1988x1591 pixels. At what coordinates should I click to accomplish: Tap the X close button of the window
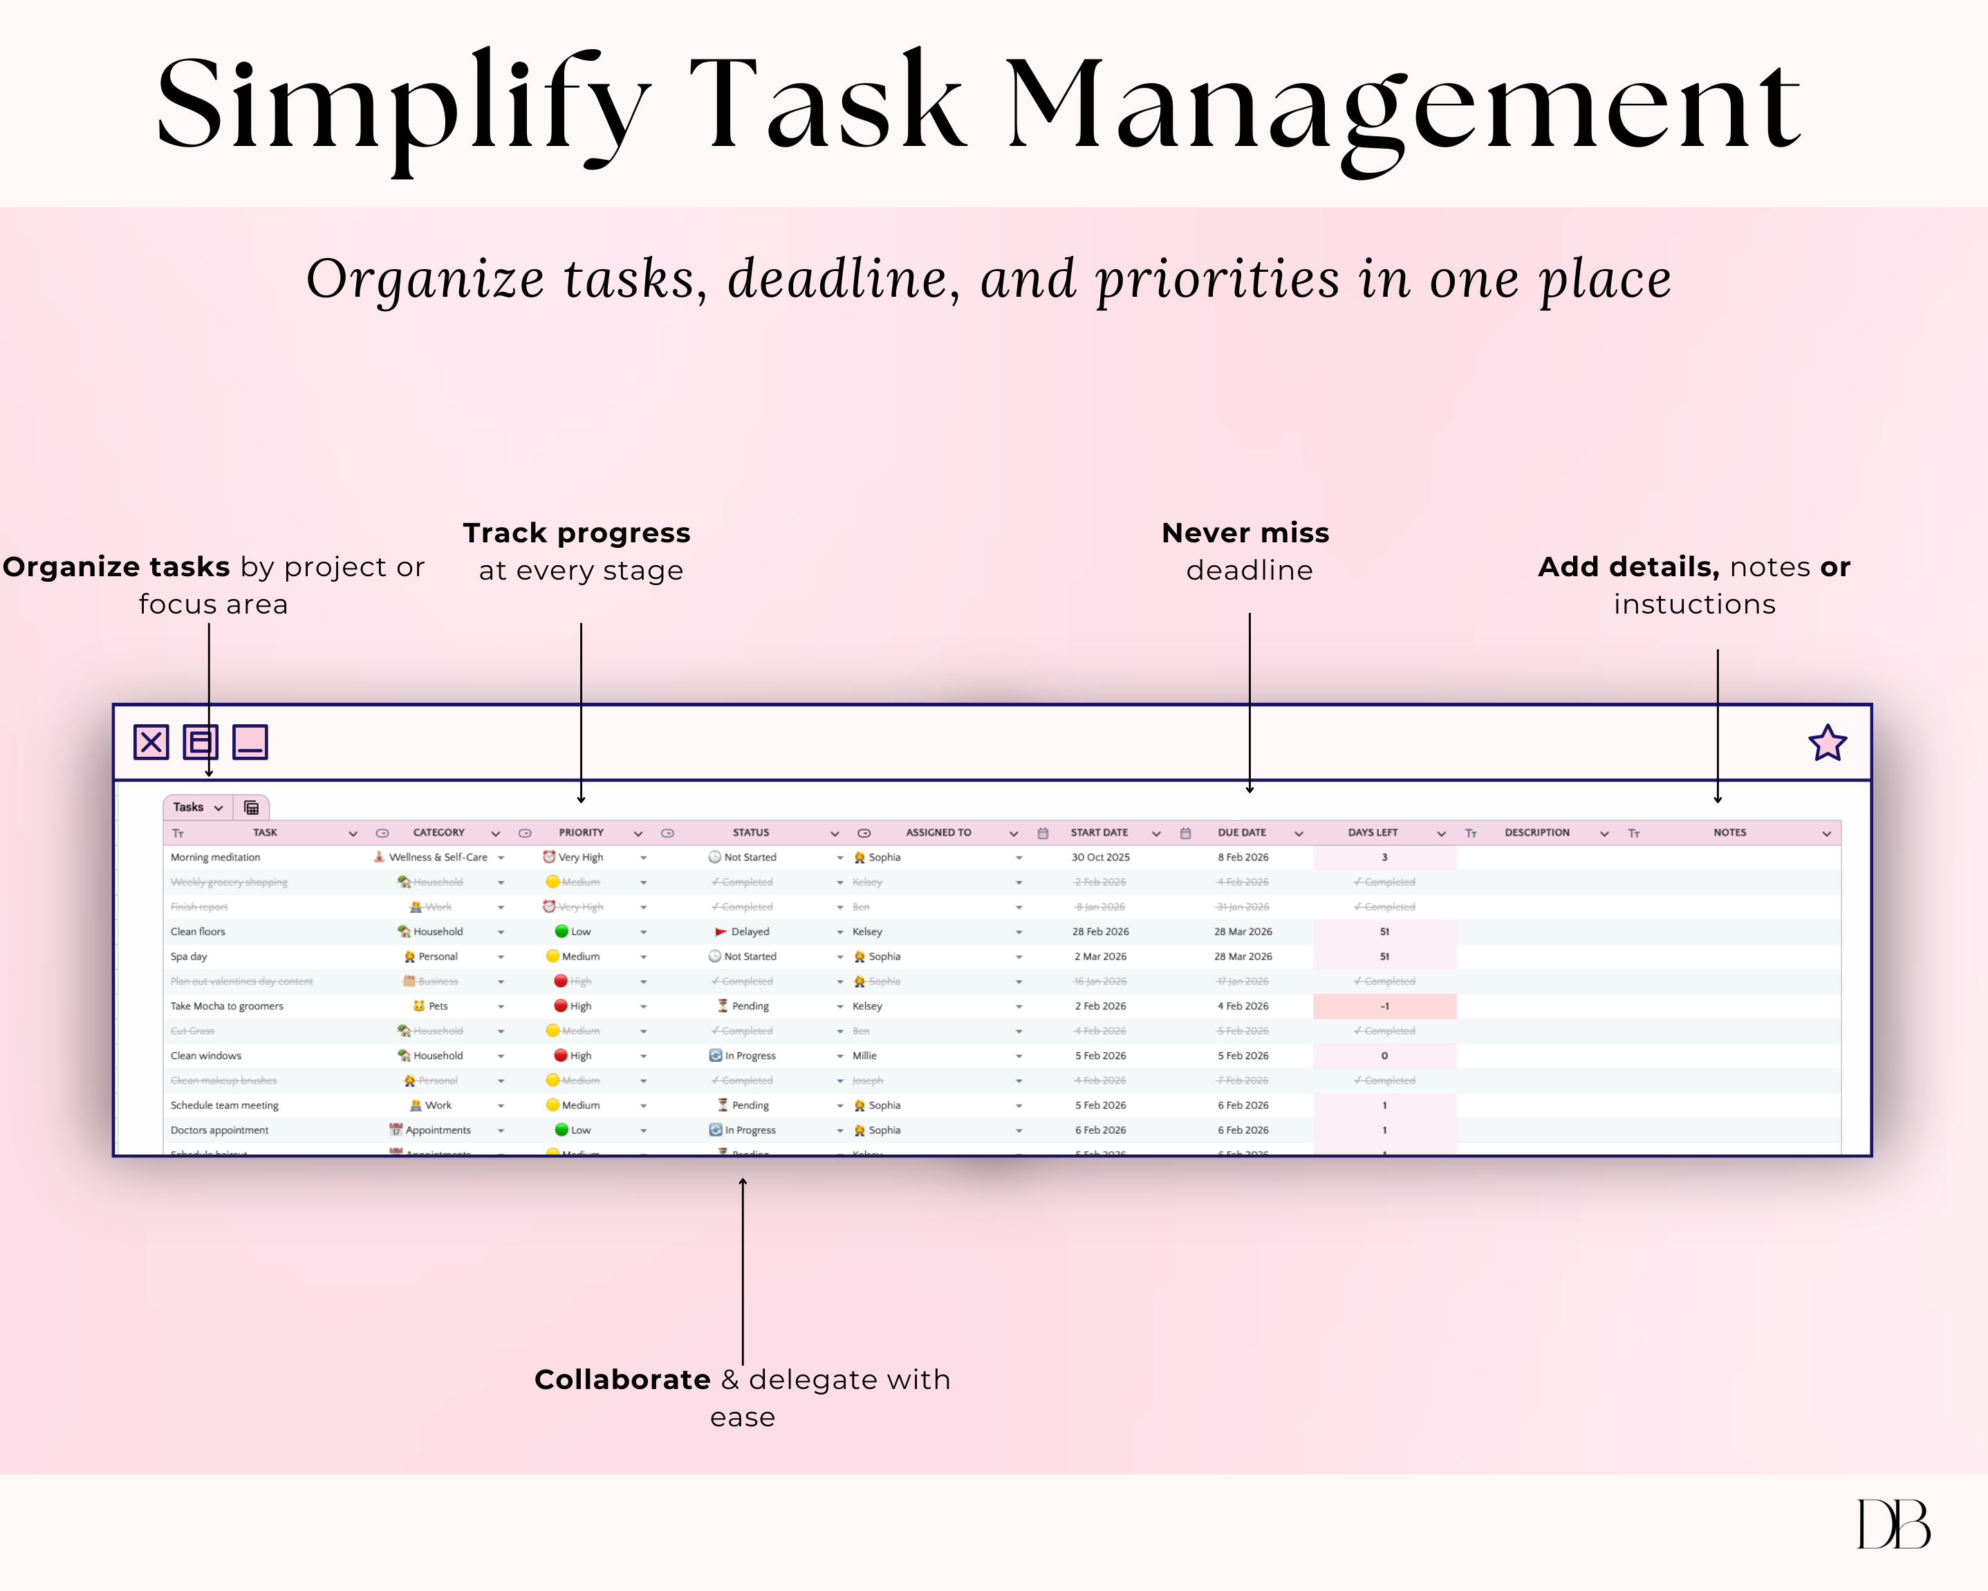click(x=151, y=742)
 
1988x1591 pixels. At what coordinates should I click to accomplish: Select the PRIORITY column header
click(x=581, y=832)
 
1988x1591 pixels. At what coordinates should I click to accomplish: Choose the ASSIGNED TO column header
click(x=938, y=832)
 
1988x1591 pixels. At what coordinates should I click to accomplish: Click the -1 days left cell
click(x=1384, y=1006)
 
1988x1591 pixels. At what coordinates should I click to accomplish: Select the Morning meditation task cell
click(x=216, y=857)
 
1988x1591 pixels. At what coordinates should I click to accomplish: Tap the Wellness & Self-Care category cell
click(x=438, y=857)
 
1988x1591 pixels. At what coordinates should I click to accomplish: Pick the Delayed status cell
click(x=749, y=932)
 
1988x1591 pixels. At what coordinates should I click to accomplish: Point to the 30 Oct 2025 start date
click(x=1100, y=857)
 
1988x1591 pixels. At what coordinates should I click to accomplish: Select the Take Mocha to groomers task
click(x=227, y=1006)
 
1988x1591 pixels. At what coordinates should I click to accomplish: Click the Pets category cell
click(x=437, y=1006)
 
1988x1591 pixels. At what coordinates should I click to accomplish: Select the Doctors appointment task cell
click(x=219, y=1130)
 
